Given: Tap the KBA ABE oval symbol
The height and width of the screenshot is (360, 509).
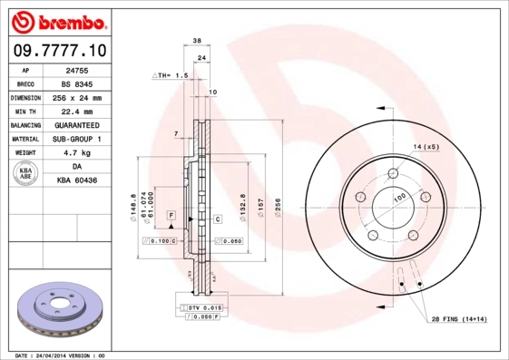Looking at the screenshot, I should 25,175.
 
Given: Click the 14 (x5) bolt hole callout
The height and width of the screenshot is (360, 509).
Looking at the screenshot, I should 426,146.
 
